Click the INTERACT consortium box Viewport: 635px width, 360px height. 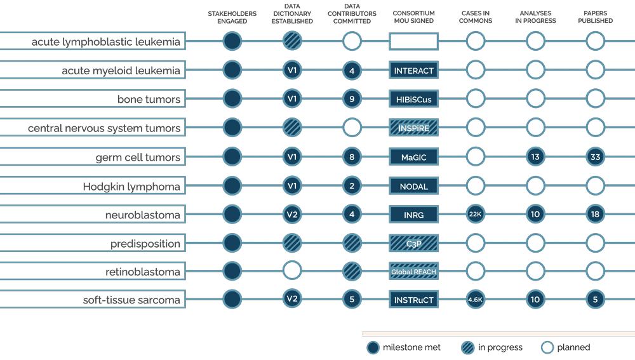(x=413, y=70)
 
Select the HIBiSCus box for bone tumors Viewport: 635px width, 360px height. (x=413, y=99)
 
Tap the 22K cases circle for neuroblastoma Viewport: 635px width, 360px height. (x=475, y=214)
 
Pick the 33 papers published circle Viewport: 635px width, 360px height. (x=595, y=157)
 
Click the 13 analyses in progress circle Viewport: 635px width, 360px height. (x=535, y=157)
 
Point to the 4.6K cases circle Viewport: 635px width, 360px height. (x=475, y=300)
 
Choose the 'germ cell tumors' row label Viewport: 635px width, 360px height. (x=138, y=157)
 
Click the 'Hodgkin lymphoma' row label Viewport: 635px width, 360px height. (x=131, y=186)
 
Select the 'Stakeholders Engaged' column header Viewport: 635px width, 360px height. (x=232, y=17)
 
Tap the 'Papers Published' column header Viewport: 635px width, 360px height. (x=595, y=17)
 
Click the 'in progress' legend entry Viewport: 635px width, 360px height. (x=491, y=347)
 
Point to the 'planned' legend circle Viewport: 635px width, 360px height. (x=547, y=347)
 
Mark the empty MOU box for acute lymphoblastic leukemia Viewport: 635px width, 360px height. (x=413, y=34)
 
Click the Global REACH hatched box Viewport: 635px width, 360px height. (x=413, y=271)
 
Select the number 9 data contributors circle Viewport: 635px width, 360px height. (x=352, y=99)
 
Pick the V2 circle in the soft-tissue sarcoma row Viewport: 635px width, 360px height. (x=292, y=299)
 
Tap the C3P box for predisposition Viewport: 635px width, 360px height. (x=413, y=243)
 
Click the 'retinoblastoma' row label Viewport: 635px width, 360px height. (x=142, y=272)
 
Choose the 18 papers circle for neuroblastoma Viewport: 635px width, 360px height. (x=595, y=214)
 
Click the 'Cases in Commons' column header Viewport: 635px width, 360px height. (x=476, y=17)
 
